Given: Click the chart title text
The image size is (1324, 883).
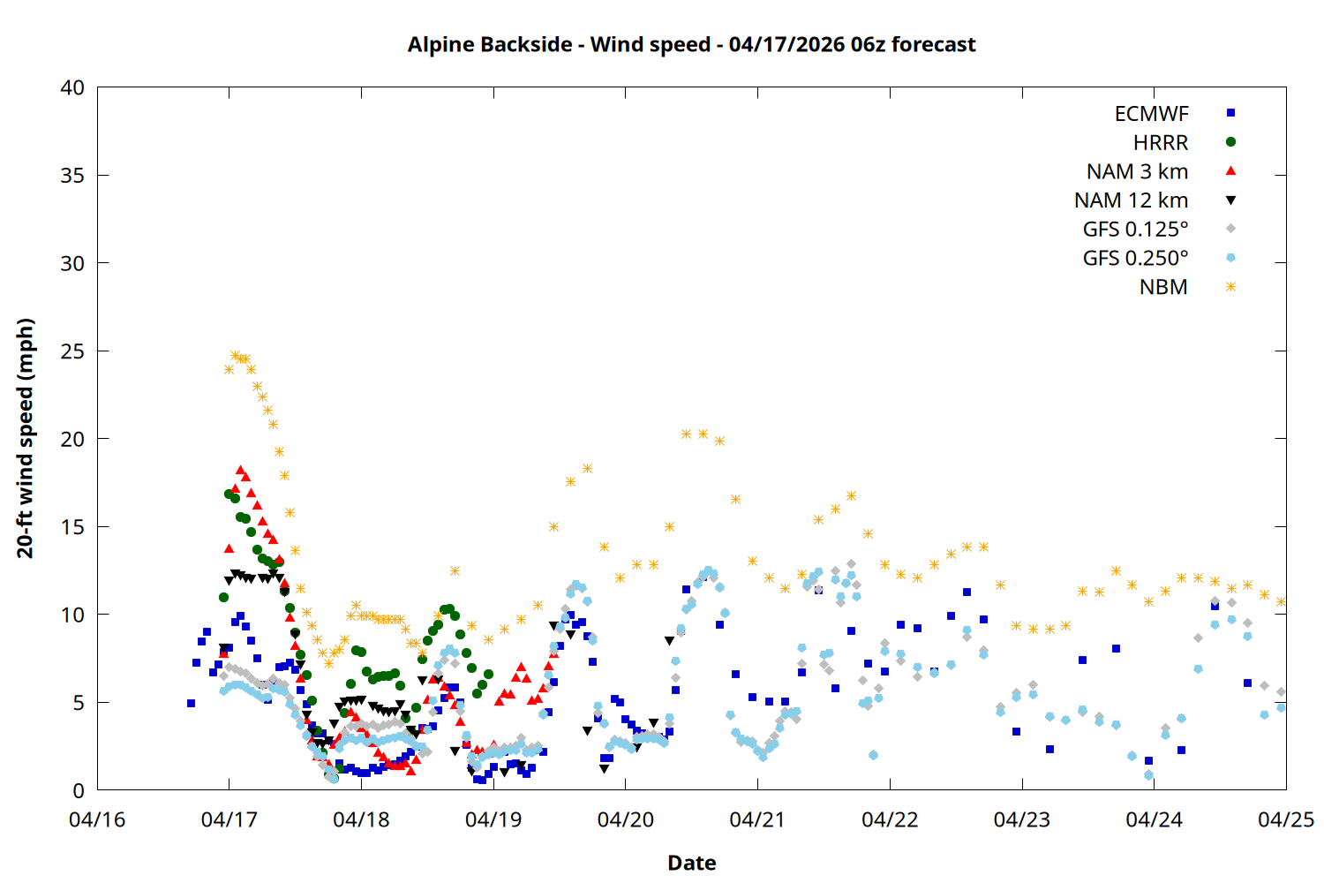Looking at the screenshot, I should point(691,44).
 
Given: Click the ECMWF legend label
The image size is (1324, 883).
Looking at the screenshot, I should point(1151,114).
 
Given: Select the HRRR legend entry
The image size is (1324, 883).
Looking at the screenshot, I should point(1161,143).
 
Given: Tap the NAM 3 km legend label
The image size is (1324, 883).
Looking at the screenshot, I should point(1137,171).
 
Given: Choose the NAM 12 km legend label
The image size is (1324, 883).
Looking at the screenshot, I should point(1131,200).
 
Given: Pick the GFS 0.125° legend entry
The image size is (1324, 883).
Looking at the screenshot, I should point(1135,230).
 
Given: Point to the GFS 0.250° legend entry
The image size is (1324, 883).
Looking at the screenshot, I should point(1135,259).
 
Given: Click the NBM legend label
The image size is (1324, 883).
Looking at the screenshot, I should point(1163,287).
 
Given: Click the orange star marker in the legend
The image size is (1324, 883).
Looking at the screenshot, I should point(1230,287).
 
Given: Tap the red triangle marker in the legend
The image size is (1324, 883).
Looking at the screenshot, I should point(1230,170).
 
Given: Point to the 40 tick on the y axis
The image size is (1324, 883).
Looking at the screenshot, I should point(72,87).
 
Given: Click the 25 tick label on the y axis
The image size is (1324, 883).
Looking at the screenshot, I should point(72,351).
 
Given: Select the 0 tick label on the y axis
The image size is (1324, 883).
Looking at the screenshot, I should point(79,790).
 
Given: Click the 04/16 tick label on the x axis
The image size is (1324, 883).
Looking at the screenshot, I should point(97,819).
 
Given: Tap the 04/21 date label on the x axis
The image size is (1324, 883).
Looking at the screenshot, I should point(757,819).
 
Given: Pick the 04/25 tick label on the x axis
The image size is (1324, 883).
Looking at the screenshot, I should point(1285,819).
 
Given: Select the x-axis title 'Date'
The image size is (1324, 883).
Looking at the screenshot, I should point(691,863).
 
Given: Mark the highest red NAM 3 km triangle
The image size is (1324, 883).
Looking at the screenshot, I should point(240,471).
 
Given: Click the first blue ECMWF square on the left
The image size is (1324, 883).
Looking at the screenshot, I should point(191,704).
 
